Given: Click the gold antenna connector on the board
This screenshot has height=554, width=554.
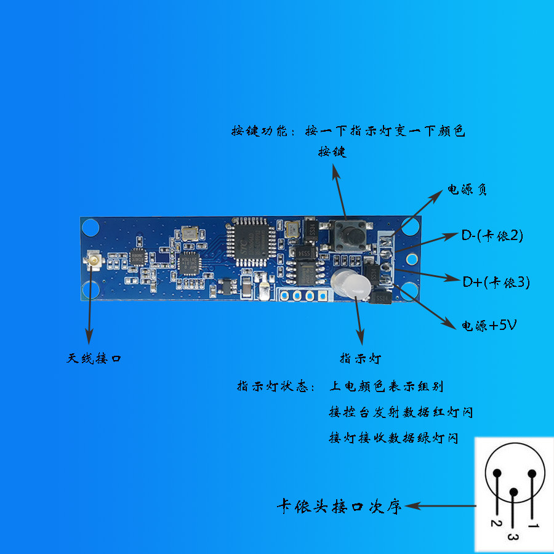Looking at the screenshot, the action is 95,262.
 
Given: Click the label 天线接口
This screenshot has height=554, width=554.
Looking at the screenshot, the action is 94,358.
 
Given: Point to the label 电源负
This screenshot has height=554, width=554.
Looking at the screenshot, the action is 467,190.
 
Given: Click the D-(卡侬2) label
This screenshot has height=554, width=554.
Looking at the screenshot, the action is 492,235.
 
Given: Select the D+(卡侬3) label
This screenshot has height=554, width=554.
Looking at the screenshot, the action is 496,282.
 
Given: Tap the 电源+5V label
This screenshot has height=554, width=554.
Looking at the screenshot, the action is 489,325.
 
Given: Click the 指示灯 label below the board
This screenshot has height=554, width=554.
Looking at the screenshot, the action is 361,358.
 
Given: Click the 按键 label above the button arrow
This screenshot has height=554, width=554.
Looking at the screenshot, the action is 332,151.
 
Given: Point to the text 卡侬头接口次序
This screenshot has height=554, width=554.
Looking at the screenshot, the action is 339,507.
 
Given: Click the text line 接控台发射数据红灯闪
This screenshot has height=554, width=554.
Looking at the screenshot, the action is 401,412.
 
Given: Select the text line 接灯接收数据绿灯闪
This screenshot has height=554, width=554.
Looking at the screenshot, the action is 394,438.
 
